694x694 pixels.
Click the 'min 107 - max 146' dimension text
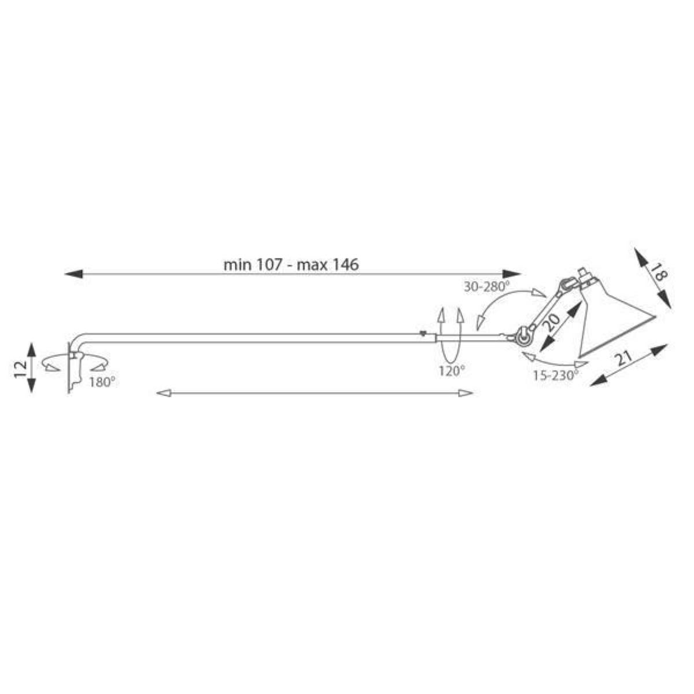[291, 265]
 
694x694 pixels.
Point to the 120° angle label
[452, 371]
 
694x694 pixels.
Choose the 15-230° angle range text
[556, 376]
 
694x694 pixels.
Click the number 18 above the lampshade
[659, 272]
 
